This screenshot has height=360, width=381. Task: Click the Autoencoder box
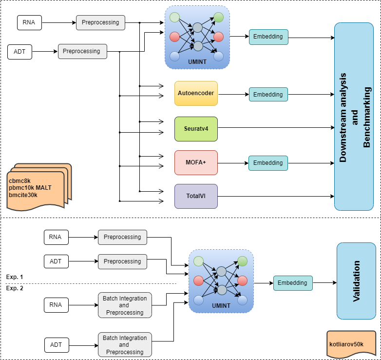(x=196, y=93)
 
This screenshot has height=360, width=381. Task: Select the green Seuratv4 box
(x=196, y=128)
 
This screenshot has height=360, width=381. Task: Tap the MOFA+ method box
(x=196, y=162)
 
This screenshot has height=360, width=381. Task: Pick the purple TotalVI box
(x=196, y=197)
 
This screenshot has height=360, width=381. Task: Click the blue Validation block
(x=356, y=281)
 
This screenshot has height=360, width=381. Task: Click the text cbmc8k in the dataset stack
(x=19, y=181)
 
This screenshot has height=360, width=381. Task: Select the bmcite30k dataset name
(x=23, y=195)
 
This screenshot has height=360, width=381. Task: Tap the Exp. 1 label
(x=15, y=277)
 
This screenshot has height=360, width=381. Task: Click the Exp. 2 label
(x=15, y=288)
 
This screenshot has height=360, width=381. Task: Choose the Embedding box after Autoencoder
(x=268, y=94)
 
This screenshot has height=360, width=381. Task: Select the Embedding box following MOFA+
(x=268, y=163)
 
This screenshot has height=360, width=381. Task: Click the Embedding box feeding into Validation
(x=292, y=283)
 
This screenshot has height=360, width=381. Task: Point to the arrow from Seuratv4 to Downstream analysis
(x=275, y=128)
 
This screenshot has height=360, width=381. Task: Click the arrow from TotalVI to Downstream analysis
(x=275, y=197)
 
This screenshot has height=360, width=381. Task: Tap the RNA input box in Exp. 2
(x=56, y=305)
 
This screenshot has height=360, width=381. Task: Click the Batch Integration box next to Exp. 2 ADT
(x=124, y=345)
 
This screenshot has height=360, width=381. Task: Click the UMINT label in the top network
(x=197, y=62)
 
